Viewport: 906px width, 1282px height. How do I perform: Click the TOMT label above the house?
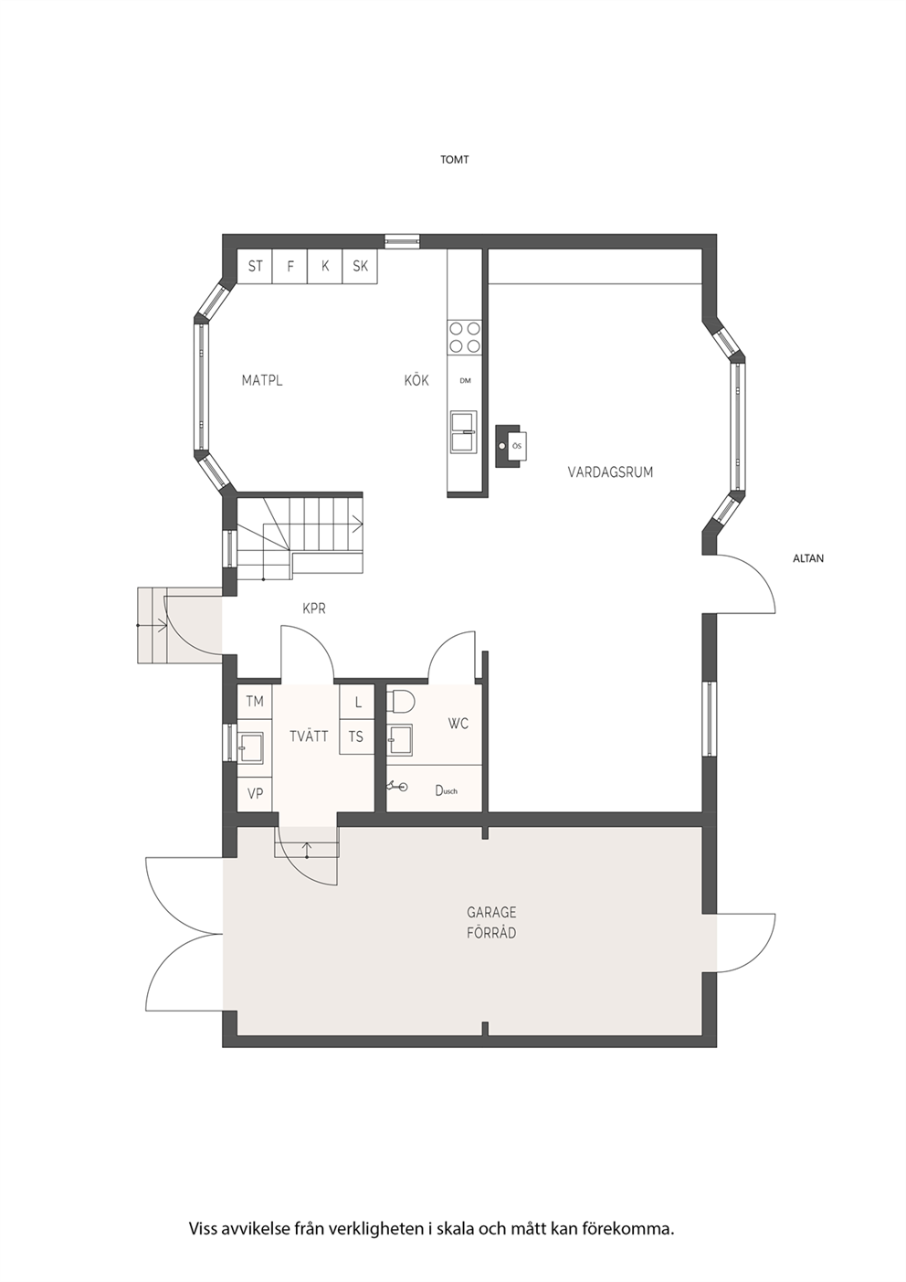tap(454, 160)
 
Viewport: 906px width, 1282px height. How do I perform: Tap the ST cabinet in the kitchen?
tap(255, 266)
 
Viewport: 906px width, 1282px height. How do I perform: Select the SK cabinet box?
tap(361, 266)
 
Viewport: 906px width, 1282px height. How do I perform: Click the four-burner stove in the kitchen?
tap(465, 337)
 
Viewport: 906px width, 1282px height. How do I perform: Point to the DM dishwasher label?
tap(465, 381)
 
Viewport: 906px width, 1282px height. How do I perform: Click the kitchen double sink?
tap(465, 430)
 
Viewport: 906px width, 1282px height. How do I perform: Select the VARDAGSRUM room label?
tap(610, 472)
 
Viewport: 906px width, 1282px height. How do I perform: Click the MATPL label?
tap(262, 381)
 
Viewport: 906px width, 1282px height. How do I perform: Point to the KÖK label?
tap(416, 380)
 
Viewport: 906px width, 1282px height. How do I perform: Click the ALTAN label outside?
tap(808, 558)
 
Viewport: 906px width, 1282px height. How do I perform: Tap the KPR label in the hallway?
tap(314, 609)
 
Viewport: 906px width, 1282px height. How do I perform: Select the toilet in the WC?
tap(400, 701)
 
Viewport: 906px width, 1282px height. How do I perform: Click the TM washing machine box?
tap(255, 701)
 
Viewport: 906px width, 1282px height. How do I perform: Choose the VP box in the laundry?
tap(255, 794)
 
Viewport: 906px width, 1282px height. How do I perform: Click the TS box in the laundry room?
tap(356, 736)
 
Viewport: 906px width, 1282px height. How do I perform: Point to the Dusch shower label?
tap(446, 791)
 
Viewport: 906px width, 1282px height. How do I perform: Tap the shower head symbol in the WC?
tap(398, 787)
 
